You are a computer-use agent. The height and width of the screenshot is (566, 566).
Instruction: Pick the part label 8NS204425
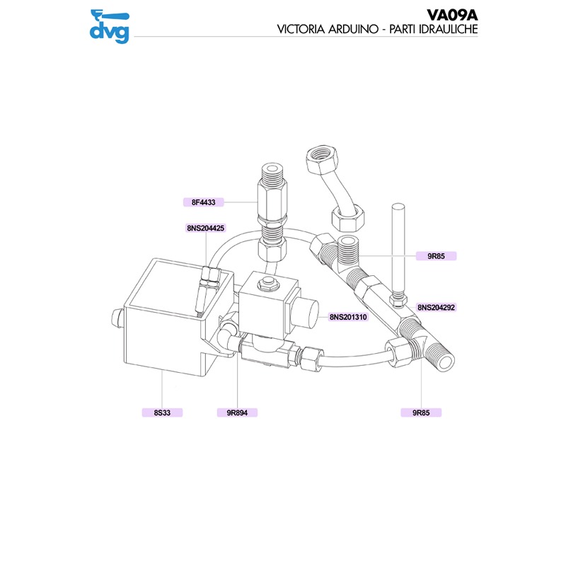pyautogui.click(x=205, y=228)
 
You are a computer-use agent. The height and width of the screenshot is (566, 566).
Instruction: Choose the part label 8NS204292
pyautogui.click(x=436, y=308)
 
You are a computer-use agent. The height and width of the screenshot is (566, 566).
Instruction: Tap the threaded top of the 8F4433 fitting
pyautogui.click(x=270, y=171)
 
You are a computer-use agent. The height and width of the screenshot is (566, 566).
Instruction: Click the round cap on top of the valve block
pyautogui.click(x=268, y=284)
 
